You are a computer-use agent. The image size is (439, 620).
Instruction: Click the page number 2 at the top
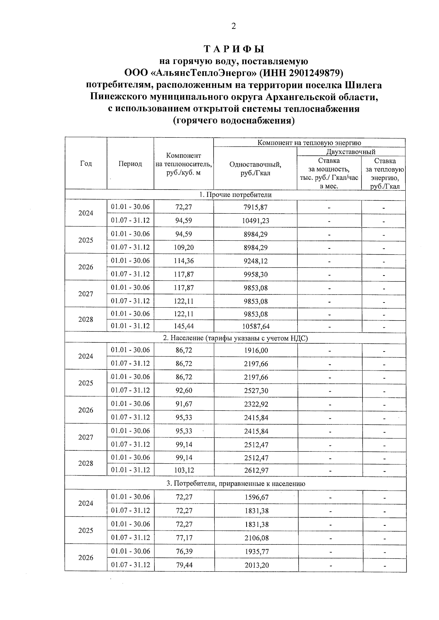coord(234,26)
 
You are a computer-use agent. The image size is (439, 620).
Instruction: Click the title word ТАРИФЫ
coord(234,49)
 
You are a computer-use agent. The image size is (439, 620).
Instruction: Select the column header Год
coord(86,163)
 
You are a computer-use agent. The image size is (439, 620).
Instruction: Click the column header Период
coord(130,164)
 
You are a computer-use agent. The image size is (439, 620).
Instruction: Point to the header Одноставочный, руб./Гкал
coord(255,168)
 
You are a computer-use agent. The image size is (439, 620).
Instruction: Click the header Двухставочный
coord(350,152)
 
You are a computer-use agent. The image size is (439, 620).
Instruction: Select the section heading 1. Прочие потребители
coord(235,194)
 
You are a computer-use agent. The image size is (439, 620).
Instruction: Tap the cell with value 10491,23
coord(256,221)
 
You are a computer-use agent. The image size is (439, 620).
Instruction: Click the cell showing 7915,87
coord(256,207)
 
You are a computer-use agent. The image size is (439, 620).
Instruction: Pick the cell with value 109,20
coord(184,247)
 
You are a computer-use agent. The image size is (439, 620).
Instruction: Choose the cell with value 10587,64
coord(256,326)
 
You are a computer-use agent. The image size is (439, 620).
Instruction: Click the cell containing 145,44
coord(184,326)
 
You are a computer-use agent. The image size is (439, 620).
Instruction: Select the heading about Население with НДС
coord(235,338)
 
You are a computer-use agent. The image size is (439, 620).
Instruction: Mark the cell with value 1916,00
coord(256,350)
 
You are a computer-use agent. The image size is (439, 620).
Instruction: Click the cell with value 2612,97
coord(256,470)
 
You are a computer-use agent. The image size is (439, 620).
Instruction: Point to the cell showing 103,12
coord(184,470)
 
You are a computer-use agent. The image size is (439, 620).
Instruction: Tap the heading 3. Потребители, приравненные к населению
coord(236,483)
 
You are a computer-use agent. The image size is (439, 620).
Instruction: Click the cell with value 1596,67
coord(256,497)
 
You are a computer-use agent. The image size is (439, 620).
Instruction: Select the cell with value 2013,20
coord(256,565)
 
